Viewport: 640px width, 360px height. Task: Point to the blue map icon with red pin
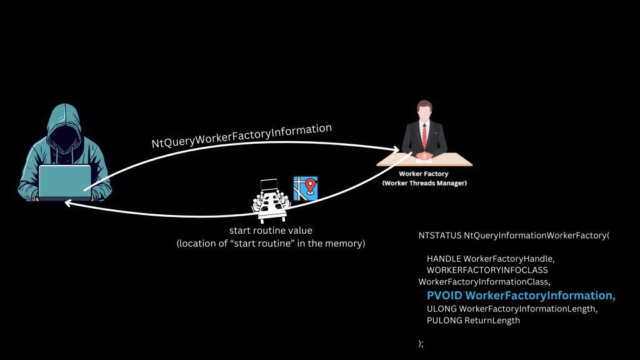pos(306,188)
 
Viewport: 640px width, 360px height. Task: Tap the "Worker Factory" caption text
pos(424,174)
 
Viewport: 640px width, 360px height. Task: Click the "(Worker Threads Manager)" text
pos(424,183)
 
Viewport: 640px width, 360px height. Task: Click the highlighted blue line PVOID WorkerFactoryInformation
pos(521,296)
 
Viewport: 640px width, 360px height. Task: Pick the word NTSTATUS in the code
pos(440,236)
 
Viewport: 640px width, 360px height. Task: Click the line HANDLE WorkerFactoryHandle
pos(490,258)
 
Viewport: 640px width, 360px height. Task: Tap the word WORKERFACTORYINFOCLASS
pos(487,270)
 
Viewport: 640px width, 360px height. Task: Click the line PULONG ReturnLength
pos(473,321)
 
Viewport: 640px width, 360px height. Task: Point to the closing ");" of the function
pos(421,343)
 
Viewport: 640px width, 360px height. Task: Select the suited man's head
pos(424,112)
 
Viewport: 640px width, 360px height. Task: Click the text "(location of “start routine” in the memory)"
pos(270,243)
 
